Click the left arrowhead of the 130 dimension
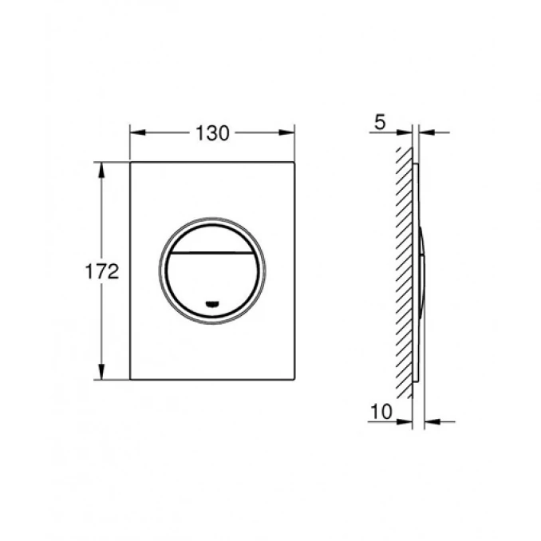pyautogui.click(x=136, y=133)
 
